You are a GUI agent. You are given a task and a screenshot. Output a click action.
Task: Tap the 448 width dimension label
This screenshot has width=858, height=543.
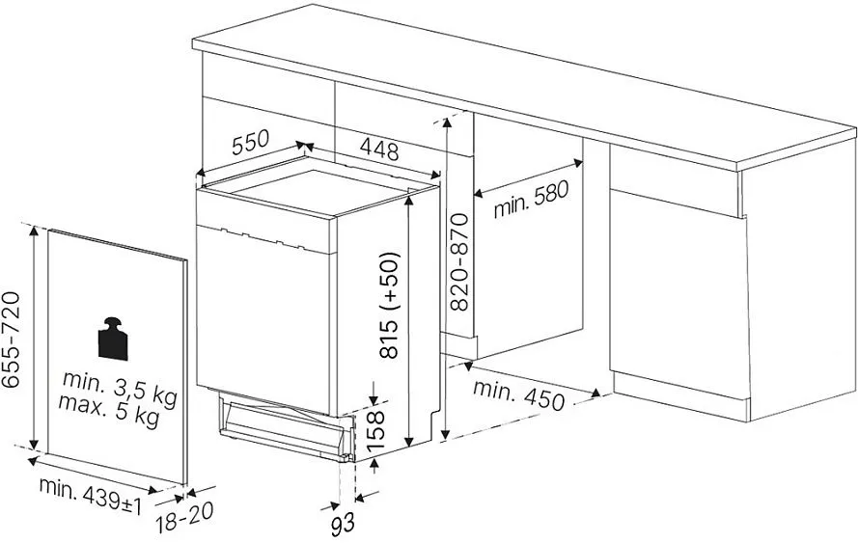coord(379,149)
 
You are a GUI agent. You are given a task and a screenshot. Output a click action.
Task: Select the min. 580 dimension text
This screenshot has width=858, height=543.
coord(532,200)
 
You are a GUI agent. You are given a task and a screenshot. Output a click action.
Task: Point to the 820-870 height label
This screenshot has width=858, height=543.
coord(459,262)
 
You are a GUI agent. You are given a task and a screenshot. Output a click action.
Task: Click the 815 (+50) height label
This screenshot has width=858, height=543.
coord(390,305)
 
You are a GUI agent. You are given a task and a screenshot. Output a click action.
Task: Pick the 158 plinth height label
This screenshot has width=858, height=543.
coord(375,432)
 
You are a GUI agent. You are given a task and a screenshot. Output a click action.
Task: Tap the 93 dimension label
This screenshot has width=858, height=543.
coord(343,524)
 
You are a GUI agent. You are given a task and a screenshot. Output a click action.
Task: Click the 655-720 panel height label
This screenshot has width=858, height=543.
coord(11,339)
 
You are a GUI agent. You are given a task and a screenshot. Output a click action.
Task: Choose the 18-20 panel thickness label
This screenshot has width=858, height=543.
coord(183,517)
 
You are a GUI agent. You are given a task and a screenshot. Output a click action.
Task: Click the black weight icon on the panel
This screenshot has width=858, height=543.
coord(113,339)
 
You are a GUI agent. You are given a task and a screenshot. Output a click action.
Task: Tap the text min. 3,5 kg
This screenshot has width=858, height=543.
coord(120,388)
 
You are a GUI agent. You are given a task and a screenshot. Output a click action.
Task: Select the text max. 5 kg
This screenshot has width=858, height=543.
coord(109,410)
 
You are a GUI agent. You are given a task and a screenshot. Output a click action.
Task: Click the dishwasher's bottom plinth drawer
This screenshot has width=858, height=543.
coord(284,427)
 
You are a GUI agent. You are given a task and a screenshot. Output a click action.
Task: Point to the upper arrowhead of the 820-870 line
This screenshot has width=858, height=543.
coord(448,122)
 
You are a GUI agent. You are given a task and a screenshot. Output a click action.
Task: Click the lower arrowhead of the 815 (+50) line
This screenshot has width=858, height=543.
coord(408,442)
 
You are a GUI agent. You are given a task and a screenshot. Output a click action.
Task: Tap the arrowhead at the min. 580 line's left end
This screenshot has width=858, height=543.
coord(479,193)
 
